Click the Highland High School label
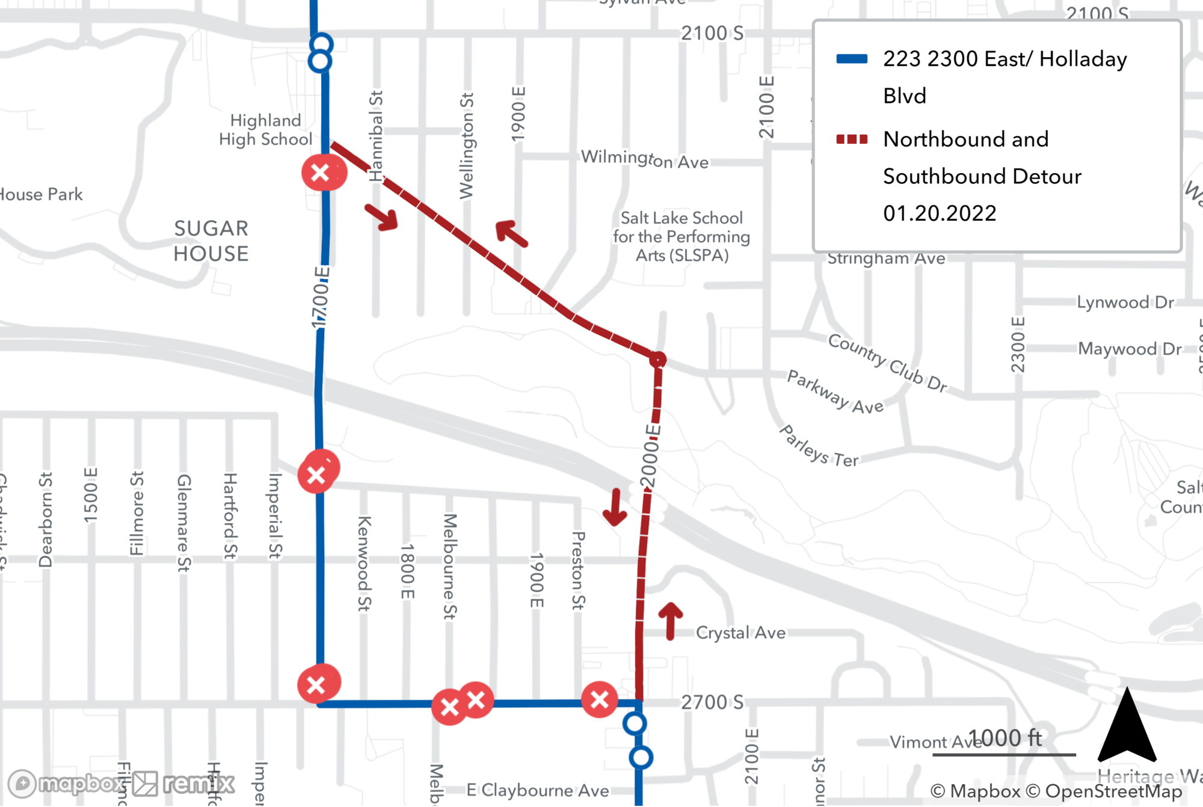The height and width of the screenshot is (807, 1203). point(265,130)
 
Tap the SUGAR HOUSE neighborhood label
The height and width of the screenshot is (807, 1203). point(211,241)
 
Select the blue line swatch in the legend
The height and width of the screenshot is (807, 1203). point(852,59)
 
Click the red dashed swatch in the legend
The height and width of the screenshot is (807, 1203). point(852,140)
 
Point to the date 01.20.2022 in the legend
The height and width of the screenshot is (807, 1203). point(940,213)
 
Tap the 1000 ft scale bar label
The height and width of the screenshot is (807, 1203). point(1005,738)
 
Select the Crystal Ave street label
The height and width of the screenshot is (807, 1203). point(740,633)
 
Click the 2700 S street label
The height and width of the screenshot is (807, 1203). point(712,702)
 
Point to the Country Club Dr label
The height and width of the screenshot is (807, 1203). point(887,363)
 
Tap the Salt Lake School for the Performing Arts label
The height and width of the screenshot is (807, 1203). point(681,236)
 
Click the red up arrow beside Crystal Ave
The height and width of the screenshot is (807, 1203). point(671,621)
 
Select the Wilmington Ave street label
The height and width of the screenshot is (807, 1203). point(644,159)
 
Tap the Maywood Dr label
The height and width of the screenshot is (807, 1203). point(1130,349)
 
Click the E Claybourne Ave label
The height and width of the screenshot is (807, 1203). point(538,790)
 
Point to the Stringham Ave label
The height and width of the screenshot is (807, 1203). point(886,259)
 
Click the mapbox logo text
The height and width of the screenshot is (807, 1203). point(81,784)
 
